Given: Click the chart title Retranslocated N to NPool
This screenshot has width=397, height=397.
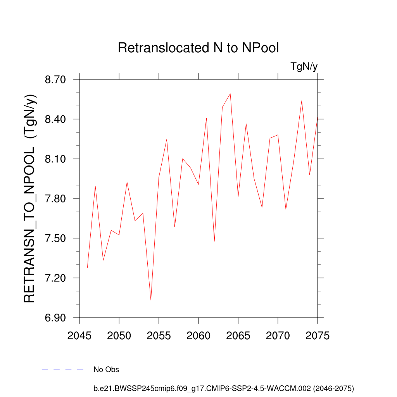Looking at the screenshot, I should pos(198,48).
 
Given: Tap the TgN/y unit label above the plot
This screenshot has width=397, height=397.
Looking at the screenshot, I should pos(304,67).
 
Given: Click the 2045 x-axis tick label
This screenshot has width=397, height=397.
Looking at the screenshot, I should pos(79,336).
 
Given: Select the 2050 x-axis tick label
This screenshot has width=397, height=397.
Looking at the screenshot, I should pos(119,336).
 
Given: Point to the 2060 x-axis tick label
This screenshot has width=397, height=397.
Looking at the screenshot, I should pos(198,336).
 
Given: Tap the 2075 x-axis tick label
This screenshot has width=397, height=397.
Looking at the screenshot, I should pos(318,336).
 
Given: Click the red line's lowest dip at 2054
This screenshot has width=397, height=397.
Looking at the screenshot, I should pos(151,300).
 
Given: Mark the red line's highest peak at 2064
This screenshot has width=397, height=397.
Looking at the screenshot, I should pos(230,94).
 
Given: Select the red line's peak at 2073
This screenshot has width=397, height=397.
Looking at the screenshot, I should pos(302,101).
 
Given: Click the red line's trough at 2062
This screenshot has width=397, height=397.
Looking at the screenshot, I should pos(214,241).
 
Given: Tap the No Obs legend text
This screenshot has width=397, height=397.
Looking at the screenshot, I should pos(106,369).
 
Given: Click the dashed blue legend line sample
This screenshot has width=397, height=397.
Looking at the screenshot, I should pos(63,369).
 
